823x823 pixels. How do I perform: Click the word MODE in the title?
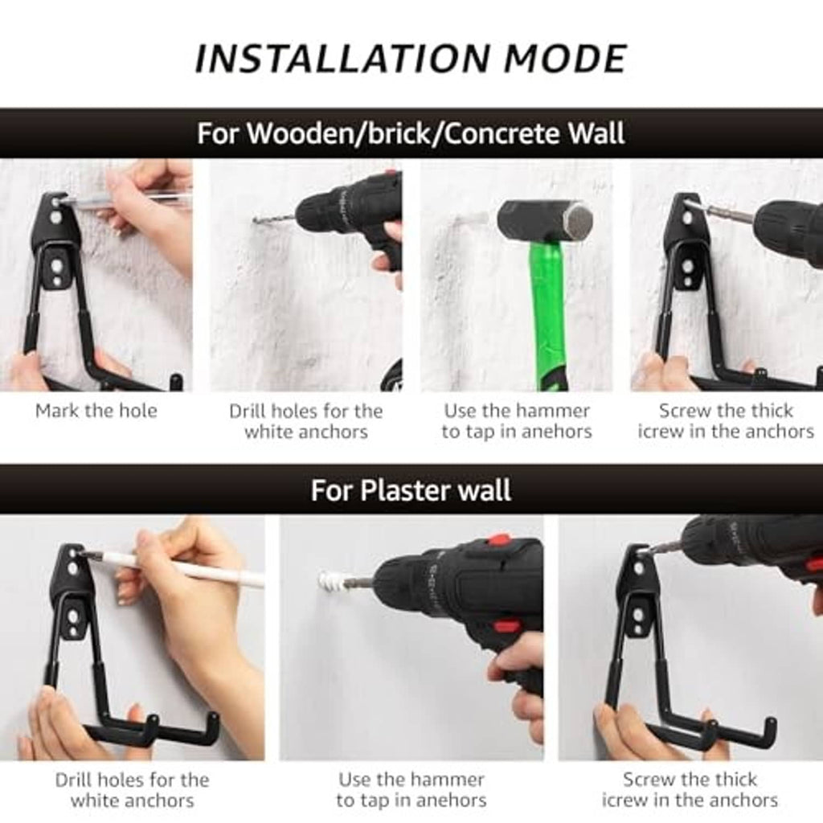click(566, 58)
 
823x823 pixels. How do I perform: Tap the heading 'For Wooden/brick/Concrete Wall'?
click(411, 133)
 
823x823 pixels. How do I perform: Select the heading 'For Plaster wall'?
click(411, 490)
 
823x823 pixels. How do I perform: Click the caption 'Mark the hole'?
click(96, 411)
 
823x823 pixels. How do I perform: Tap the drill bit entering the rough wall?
click(274, 219)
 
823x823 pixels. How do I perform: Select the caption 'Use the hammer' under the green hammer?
click(517, 411)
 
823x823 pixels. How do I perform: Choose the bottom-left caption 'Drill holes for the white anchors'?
click(133, 790)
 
